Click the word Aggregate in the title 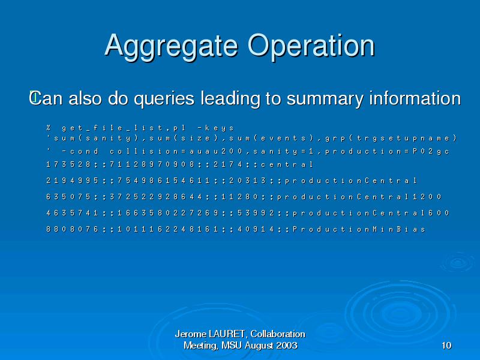(x=171, y=47)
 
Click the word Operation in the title (x=311, y=47)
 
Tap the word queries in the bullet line (x=164, y=99)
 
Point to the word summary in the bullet (x=325, y=99)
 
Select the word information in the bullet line (x=415, y=98)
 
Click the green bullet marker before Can (x=34, y=97)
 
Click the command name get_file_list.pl (x=124, y=128)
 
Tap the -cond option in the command (x=80, y=152)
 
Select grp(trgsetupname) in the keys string (x=391, y=139)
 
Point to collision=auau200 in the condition (x=176, y=152)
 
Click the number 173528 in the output (x=68, y=164)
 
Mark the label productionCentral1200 (x=359, y=197)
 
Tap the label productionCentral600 (x=371, y=213)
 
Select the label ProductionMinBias (x=359, y=229)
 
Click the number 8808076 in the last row (x=72, y=229)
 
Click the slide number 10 (x=446, y=346)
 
